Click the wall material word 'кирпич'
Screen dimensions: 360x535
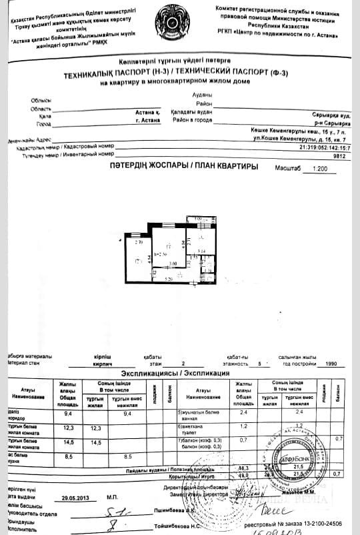tap(103, 365)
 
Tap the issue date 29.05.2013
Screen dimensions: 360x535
tap(75, 497)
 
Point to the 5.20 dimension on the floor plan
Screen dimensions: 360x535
tap(169, 278)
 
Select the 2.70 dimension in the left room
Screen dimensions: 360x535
tap(139, 243)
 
